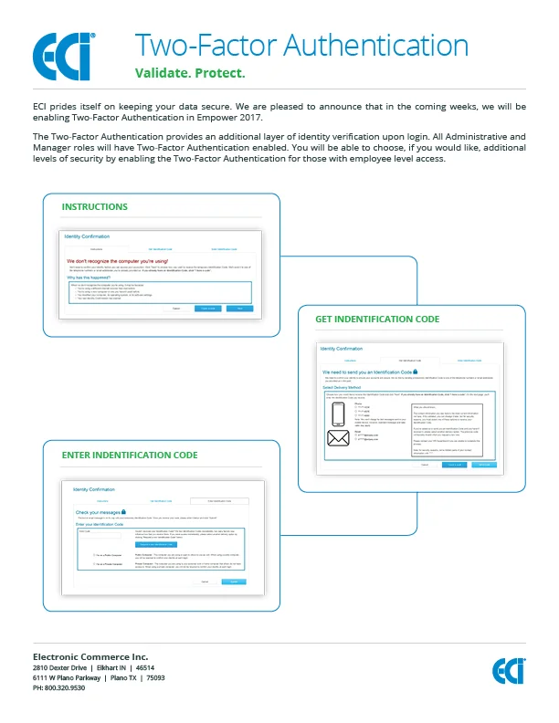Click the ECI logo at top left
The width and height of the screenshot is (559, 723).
pos(62,57)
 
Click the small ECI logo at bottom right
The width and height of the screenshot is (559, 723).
pos(509,671)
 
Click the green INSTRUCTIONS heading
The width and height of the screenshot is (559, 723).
pos(94,207)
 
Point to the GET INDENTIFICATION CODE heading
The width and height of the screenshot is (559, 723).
pos(377,320)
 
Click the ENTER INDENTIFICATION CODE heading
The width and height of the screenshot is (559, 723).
pos(130,454)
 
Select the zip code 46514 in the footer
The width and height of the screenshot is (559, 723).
pos(146,668)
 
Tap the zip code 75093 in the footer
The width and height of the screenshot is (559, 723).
pos(155,678)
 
